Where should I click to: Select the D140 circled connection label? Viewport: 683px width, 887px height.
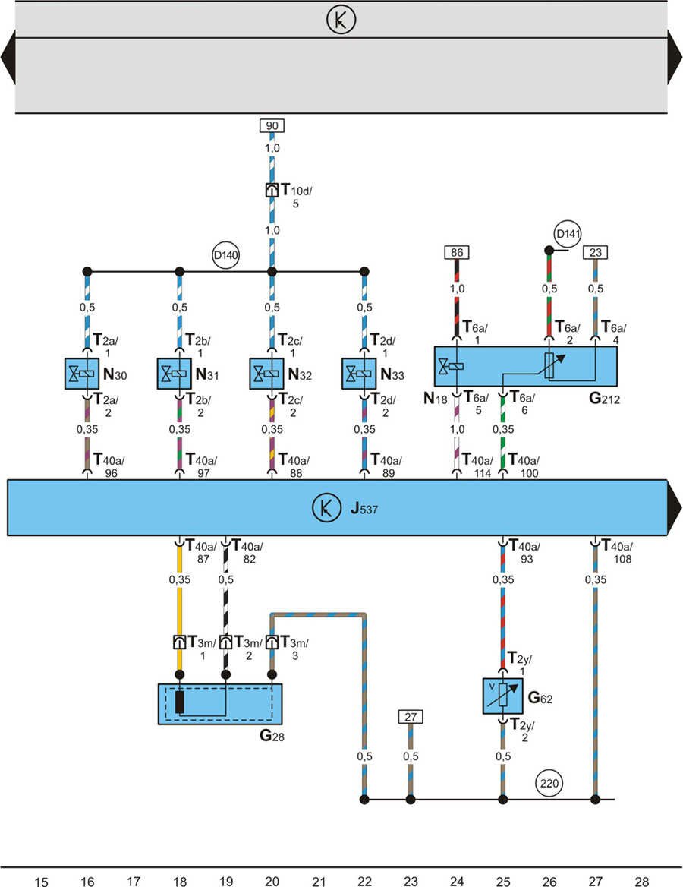point(226,256)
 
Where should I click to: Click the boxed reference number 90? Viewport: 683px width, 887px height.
point(272,125)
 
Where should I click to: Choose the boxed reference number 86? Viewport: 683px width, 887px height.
point(456,251)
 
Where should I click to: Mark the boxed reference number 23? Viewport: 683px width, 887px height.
point(595,251)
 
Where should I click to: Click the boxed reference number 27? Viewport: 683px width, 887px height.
point(411,716)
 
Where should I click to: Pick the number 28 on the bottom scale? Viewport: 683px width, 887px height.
point(642,881)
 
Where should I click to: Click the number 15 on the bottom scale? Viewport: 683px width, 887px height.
point(42,881)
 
